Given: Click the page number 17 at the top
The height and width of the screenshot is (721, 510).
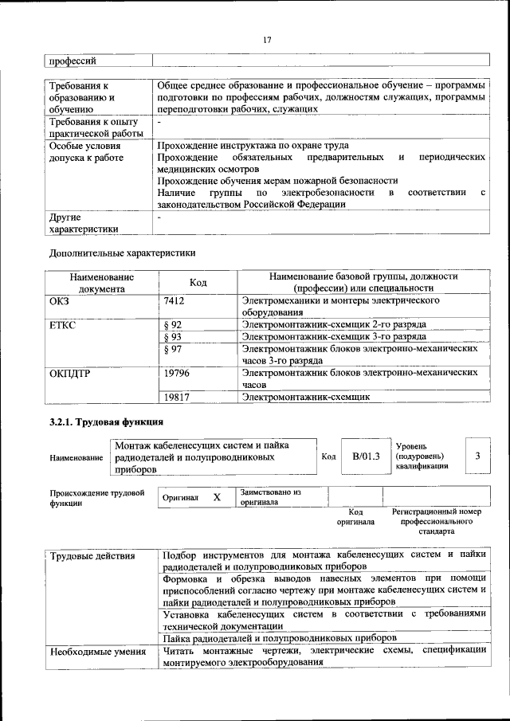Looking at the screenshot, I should click(x=266, y=41).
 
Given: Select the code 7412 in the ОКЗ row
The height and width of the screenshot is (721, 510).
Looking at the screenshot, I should click(x=174, y=302).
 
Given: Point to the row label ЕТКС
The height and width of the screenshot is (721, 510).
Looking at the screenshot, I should click(x=62, y=325).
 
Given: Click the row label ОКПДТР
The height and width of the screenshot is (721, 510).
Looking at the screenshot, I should click(x=70, y=372).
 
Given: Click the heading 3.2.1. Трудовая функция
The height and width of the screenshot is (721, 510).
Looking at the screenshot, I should click(x=106, y=421).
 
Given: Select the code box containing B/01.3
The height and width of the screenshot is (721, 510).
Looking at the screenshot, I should click(x=366, y=457).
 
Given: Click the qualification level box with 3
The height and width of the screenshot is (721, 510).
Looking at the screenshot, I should click(x=477, y=456).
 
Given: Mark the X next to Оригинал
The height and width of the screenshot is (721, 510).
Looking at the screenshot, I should click(x=216, y=497).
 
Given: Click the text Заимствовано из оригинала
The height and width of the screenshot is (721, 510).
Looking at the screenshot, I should click(x=269, y=497).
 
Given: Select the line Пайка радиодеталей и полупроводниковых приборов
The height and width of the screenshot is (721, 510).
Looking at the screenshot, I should click(x=280, y=638).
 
